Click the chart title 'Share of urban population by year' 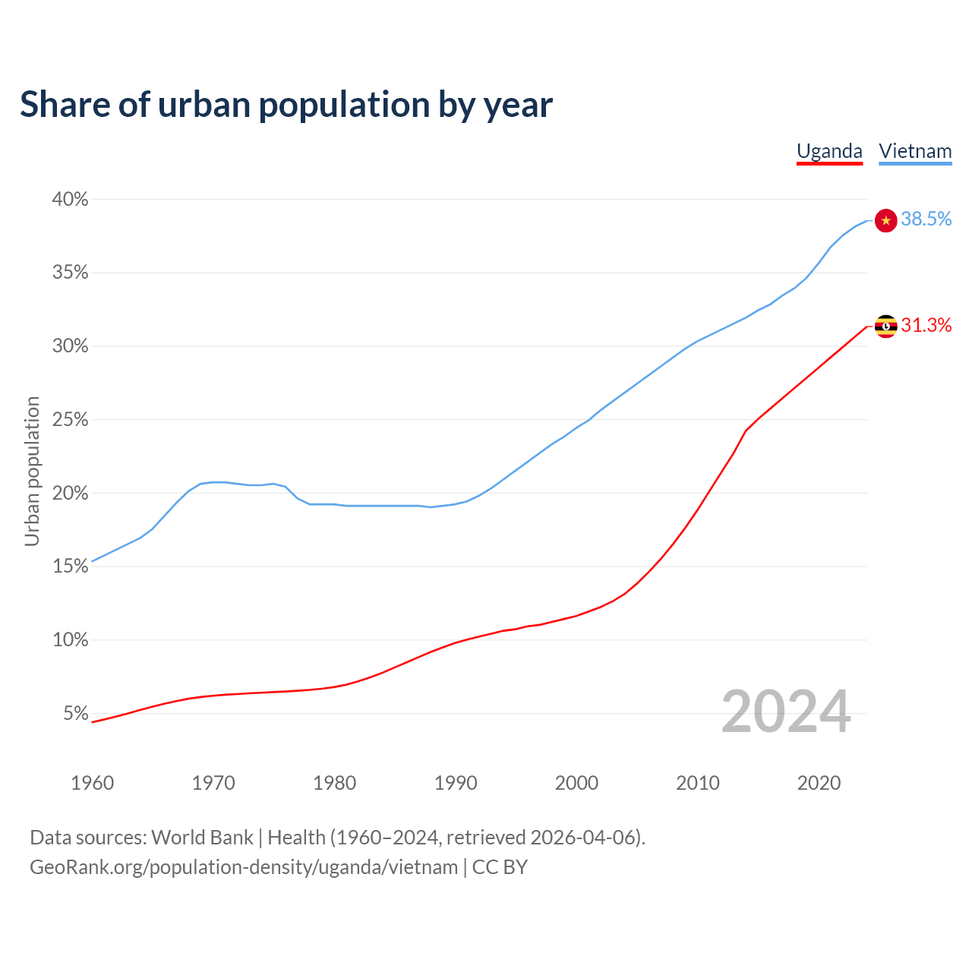[286, 105]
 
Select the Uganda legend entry [829, 151]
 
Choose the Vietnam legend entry [915, 151]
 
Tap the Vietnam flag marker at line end [885, 220]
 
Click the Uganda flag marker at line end [885, 326]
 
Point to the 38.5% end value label [926, 219]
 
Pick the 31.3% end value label [926, 326]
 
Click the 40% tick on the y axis [70, 200]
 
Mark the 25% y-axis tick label [70, 420]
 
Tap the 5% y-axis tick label [75, 714]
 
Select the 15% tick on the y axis [70, 566]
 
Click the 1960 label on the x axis [92, 783]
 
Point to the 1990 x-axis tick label [456, 783]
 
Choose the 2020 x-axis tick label [819, 783]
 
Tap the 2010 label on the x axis [698, 783]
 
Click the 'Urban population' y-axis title [32, 471]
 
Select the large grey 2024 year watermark [786, 712]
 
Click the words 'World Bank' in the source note [202, 838]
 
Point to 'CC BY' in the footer [500, 867]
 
